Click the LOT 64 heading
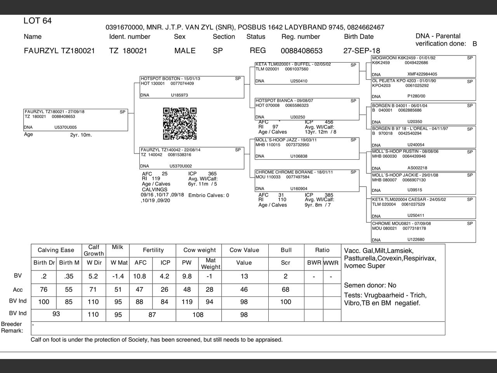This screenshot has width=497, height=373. point(38,21)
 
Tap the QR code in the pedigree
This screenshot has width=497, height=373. point(180,123)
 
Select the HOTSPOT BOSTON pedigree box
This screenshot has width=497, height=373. point(192,87)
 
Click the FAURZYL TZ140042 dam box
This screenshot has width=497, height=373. point(192,158)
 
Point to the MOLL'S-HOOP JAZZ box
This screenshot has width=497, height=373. point(307,148)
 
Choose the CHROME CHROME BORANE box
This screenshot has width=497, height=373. point(307,180)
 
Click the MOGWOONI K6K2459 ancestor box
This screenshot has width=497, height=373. point(423,66)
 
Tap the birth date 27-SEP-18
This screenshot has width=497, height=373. point(361,51)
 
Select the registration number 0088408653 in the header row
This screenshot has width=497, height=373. point(301,51)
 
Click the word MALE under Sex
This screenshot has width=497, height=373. point(185,51)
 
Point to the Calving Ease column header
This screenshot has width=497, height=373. point(56,250)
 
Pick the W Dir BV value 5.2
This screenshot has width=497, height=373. point(93,277)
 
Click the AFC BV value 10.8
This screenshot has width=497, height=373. point(140,277)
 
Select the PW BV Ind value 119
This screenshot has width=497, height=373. point(187,302)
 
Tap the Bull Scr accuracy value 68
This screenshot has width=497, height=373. point(285,289)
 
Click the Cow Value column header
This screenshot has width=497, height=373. point(244,250)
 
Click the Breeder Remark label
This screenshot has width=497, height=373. point(12,327)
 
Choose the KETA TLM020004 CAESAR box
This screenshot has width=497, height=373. point(423,207)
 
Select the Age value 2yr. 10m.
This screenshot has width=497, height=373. point(81,135)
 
